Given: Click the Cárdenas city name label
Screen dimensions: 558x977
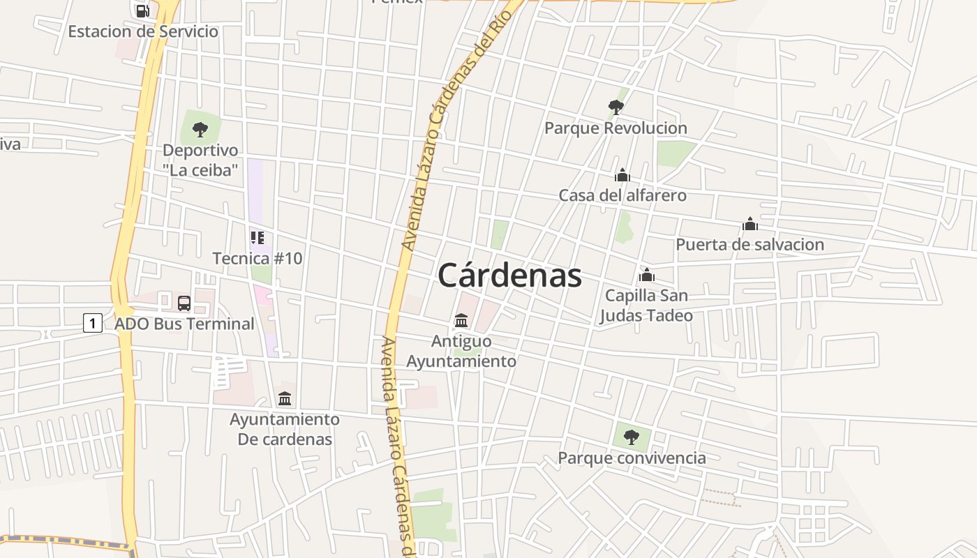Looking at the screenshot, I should point(509,276).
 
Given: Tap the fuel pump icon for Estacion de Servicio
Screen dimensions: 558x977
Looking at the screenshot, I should point(142,10).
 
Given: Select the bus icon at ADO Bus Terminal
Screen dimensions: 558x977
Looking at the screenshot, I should point(184,303).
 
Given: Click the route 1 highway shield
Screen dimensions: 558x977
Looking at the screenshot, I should point(93,323).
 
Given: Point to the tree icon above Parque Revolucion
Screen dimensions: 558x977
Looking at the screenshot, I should point(616,107).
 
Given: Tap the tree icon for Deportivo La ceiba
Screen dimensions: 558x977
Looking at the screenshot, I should point(200,129).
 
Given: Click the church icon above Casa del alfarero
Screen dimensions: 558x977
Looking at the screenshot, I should point(622,174).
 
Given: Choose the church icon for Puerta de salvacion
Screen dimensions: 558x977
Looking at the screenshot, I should point(750,224).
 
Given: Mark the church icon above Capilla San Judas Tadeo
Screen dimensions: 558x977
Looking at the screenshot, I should point(647,275).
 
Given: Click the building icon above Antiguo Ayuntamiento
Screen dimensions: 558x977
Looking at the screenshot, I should point(461,320).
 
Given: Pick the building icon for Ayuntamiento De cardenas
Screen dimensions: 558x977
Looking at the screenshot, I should point(285,398).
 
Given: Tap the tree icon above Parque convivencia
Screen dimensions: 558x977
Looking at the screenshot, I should point(632,437).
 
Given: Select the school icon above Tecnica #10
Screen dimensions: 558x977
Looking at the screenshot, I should point(258,238).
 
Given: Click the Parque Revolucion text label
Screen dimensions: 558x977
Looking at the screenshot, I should point(616,128).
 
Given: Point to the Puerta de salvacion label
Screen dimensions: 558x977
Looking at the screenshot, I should point(749,245).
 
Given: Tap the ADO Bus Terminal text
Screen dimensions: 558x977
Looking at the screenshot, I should point(184,324).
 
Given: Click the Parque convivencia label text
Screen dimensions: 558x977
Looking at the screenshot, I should point(632,458).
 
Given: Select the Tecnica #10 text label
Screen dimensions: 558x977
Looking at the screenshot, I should point(258,259).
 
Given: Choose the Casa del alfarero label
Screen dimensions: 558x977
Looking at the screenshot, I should point(622,195).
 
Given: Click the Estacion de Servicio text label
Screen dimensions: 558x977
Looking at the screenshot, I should point(143,31).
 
